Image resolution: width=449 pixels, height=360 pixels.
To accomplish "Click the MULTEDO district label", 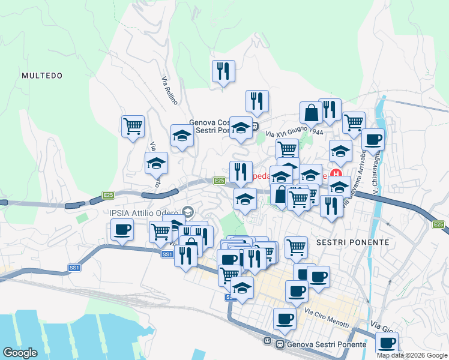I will (x=41, y=76).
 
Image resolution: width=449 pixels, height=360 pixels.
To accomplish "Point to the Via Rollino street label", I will (x=170, y=91).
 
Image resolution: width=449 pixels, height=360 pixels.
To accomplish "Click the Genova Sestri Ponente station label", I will (x=327, y=344).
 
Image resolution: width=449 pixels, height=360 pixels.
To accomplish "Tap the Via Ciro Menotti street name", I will (x=327, y=318).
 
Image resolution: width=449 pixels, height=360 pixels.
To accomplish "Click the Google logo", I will (x=20, y=353).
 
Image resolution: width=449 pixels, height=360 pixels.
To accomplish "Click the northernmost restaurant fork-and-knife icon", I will (x=223, y=71).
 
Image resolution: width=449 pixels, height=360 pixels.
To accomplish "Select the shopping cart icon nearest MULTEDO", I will (x=133, y=127).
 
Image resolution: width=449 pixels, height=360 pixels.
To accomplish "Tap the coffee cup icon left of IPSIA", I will (x=122, y=230).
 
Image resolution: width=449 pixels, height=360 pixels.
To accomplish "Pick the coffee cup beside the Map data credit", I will (x=387, y=344).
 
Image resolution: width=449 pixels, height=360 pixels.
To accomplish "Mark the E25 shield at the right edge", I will (x=439, y=224).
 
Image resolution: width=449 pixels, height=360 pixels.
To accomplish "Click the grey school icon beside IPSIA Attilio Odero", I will (x=188, y=212).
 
